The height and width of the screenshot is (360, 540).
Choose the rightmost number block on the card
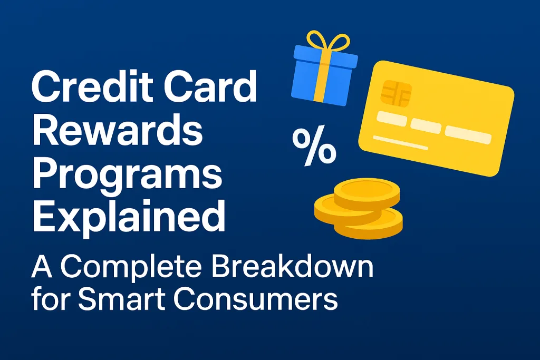[468, 135]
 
